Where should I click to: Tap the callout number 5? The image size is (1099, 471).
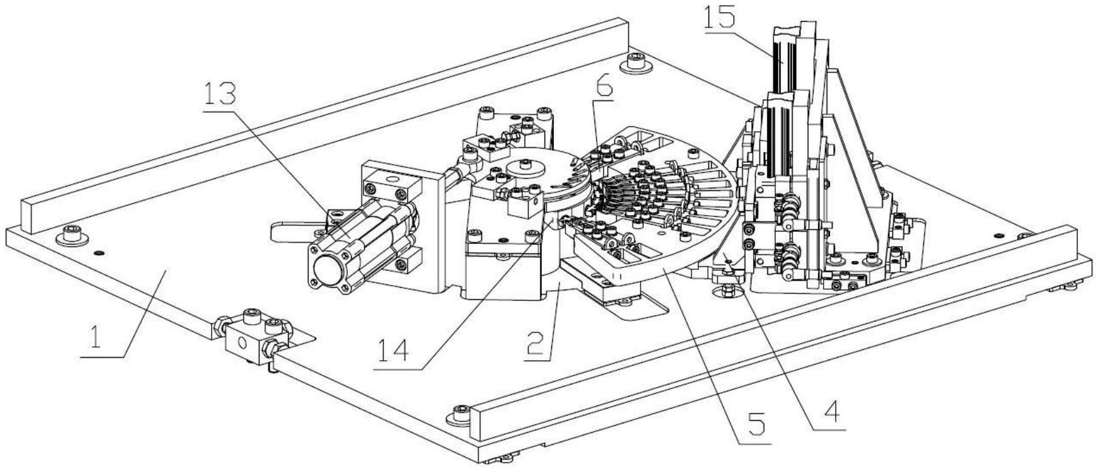click(754, 423)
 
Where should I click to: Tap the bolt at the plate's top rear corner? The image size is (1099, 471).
click(635, 63)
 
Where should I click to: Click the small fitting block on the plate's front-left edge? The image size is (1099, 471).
click(254, 335)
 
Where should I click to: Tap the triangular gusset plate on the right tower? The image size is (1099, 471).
click(852, 159)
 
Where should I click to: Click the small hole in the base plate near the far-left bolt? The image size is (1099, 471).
click(97, 253)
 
